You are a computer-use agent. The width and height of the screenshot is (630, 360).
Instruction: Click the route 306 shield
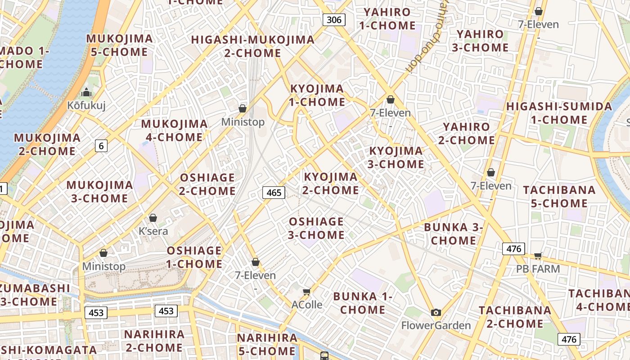coord(334,20)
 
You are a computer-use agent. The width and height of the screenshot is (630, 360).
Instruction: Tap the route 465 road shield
coord(274,193)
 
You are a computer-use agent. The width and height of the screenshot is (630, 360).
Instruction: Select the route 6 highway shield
coord(101,145)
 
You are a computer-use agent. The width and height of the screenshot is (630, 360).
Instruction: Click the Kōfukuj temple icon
coord(86,93)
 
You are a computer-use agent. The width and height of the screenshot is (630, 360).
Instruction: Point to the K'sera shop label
coord(153,231)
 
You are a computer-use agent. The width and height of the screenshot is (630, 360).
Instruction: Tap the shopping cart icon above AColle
coord(307,292)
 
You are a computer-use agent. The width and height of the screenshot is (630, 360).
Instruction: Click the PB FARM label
coord(538,269)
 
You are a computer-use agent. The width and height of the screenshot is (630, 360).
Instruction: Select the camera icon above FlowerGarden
coord(436,313)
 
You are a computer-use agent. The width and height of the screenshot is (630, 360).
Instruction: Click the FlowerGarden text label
coord(436,325)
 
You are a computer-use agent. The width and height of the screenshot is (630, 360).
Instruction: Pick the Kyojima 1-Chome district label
coord(317,95)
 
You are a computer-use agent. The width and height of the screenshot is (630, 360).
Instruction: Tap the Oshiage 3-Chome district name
coord(316,228)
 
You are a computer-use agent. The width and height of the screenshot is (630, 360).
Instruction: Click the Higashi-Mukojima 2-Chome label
coord(253,46)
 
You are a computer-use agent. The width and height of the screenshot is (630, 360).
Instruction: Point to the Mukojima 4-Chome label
coord(175,130)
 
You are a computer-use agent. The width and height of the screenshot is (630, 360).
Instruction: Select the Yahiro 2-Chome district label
coord(466,134)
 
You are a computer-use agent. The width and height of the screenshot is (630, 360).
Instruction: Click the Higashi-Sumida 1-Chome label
coord(559,113)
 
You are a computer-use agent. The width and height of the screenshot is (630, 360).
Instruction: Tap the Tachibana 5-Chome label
coord(559,197)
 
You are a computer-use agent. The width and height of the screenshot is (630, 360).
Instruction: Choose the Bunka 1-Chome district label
coord(363,303)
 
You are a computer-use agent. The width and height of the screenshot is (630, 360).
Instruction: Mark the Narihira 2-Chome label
coord(154,341)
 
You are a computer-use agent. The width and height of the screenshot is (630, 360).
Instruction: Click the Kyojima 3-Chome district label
coord(396,157)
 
